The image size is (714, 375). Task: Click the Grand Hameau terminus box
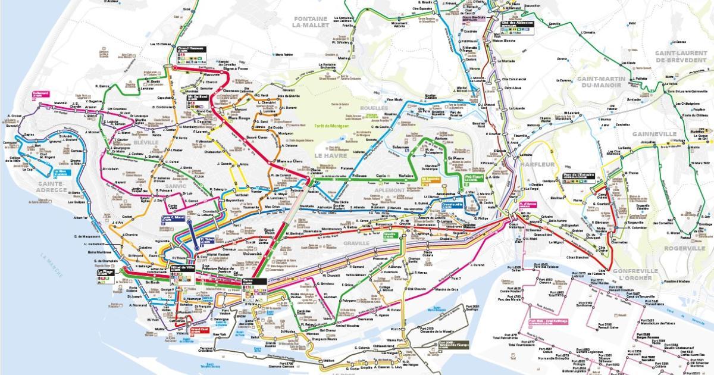[x=191, y=49]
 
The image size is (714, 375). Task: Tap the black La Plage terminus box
[x=105, y=273]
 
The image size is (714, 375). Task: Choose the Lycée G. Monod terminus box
[x=175, y=219]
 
